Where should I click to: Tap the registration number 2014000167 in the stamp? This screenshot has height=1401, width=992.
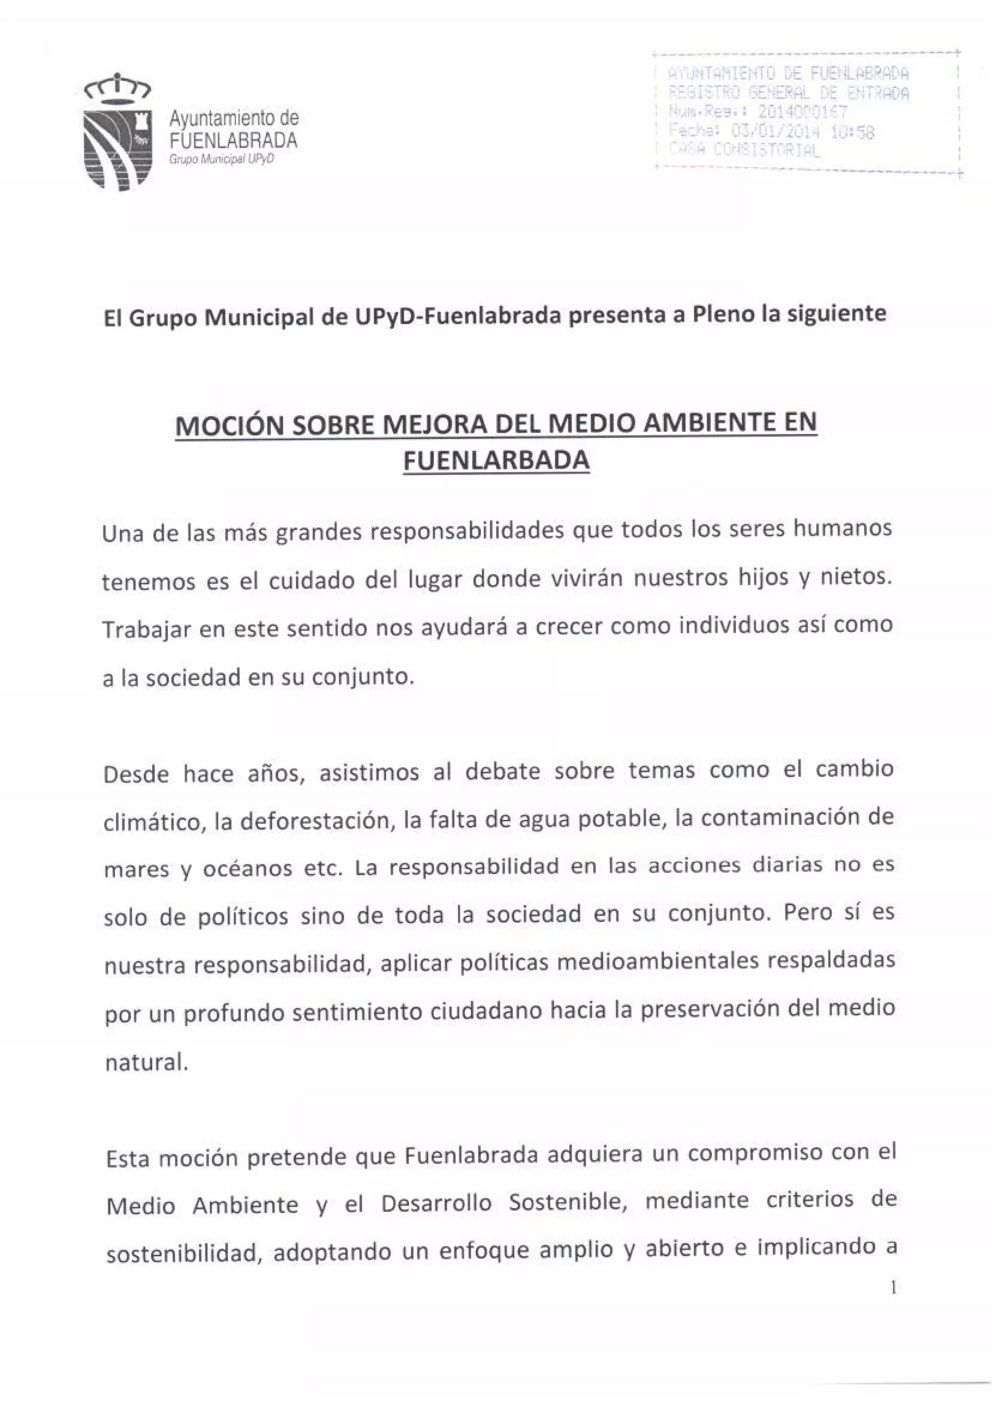pos(802,112)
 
